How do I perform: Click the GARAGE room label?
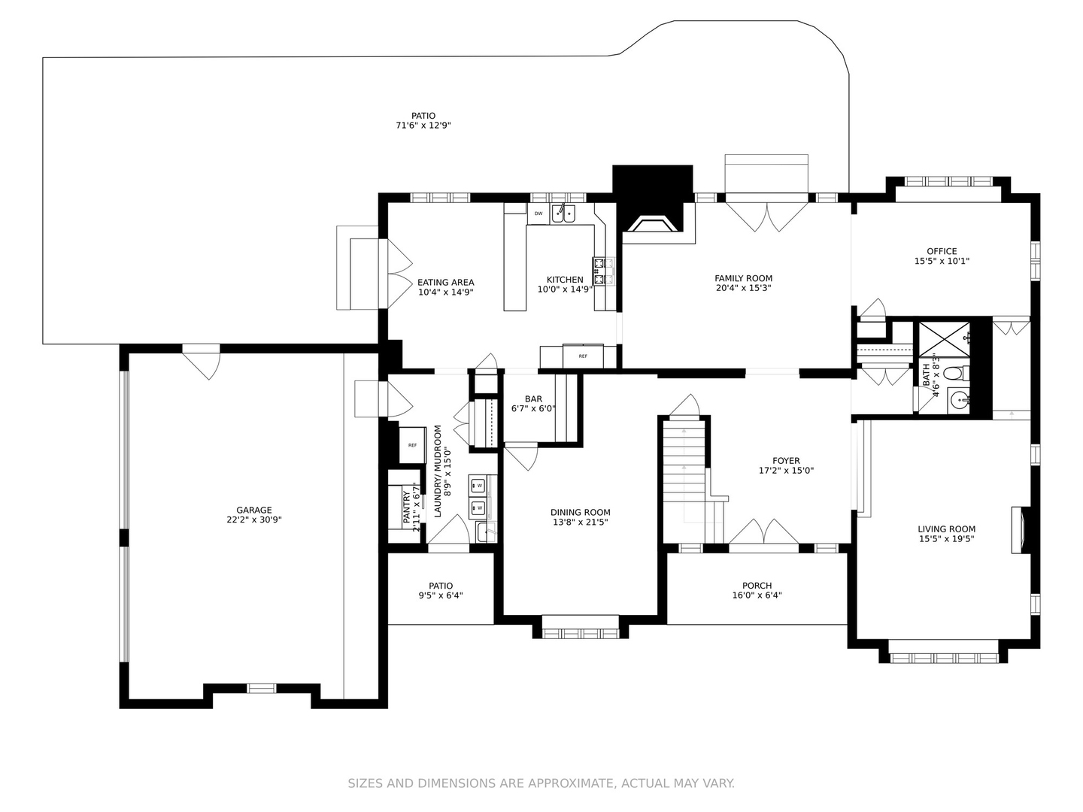[x=253, y=511]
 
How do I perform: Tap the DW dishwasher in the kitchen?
[x=538, y=214]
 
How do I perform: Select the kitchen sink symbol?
[x=563, y=214]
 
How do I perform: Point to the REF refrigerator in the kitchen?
[x=583, y=356]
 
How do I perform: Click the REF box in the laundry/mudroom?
[x=412, y=445]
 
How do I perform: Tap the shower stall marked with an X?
[x=944, y=339]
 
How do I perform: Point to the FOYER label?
[x=786, y=461]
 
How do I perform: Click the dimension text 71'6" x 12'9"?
[x=423, y=126]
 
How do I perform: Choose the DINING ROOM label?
[x=580, y=512]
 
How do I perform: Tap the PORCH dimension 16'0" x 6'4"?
[x=757, y=595]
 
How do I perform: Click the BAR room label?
[x=533, y=398]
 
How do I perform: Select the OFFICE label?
[x=942, y=251]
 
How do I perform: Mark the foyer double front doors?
[x=764, y=532]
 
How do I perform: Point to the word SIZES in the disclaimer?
[x=366, y=783]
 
